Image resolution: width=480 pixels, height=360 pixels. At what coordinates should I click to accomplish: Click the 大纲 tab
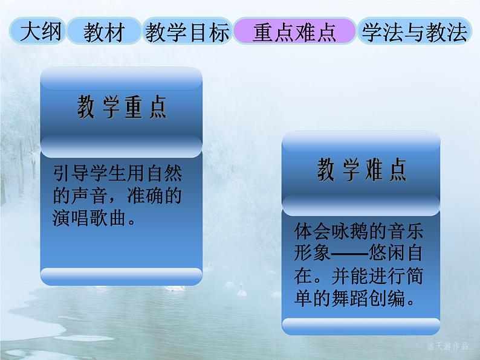pos(41,33)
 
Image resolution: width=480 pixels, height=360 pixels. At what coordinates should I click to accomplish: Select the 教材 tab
pos(104,33)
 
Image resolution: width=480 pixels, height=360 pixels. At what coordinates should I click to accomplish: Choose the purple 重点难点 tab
pos(294,33)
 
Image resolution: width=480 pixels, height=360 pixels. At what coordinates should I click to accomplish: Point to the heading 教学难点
pos(362,171)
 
